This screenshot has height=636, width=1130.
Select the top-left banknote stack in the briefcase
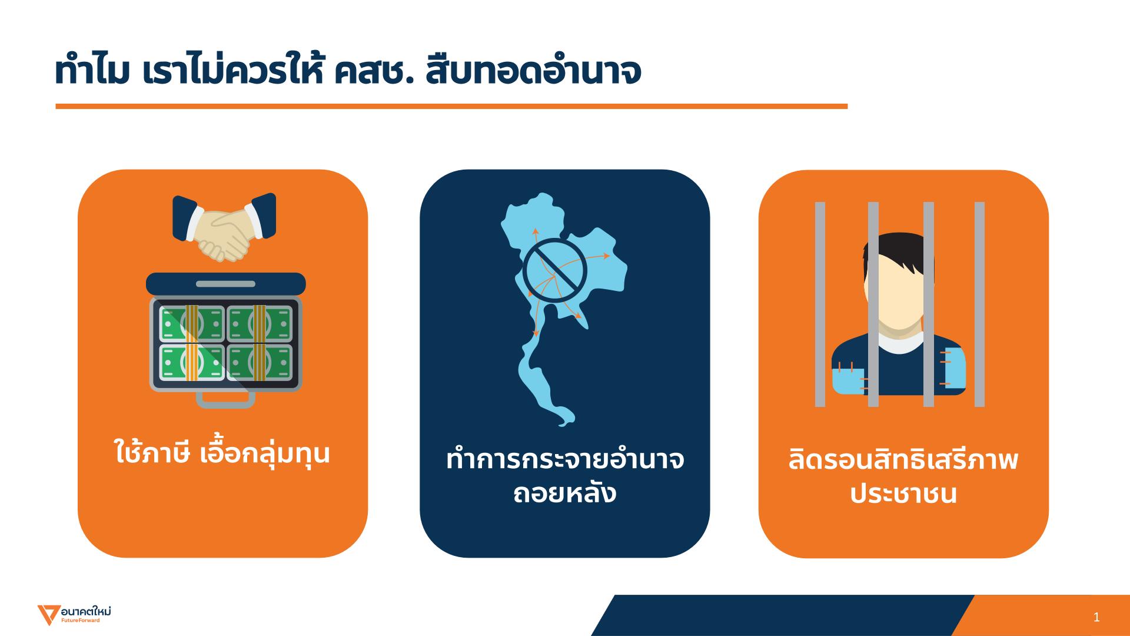pos(192,323)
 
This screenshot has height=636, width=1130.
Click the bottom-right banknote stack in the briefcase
pos(260,362)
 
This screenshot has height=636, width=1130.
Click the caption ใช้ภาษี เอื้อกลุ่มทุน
pos(222,453)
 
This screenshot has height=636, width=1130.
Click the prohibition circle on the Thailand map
pos(555,270)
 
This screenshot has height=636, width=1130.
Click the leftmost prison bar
pos(820,304)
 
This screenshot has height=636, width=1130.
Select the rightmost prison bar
pos(979,304)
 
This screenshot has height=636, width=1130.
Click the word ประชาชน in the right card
pos(903,493)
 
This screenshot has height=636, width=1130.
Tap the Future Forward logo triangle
pos(45,615)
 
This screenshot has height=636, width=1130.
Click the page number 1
pos(1096,618)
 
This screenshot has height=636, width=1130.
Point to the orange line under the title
pos(451,107)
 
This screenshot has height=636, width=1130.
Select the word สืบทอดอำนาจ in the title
pos(531,72)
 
